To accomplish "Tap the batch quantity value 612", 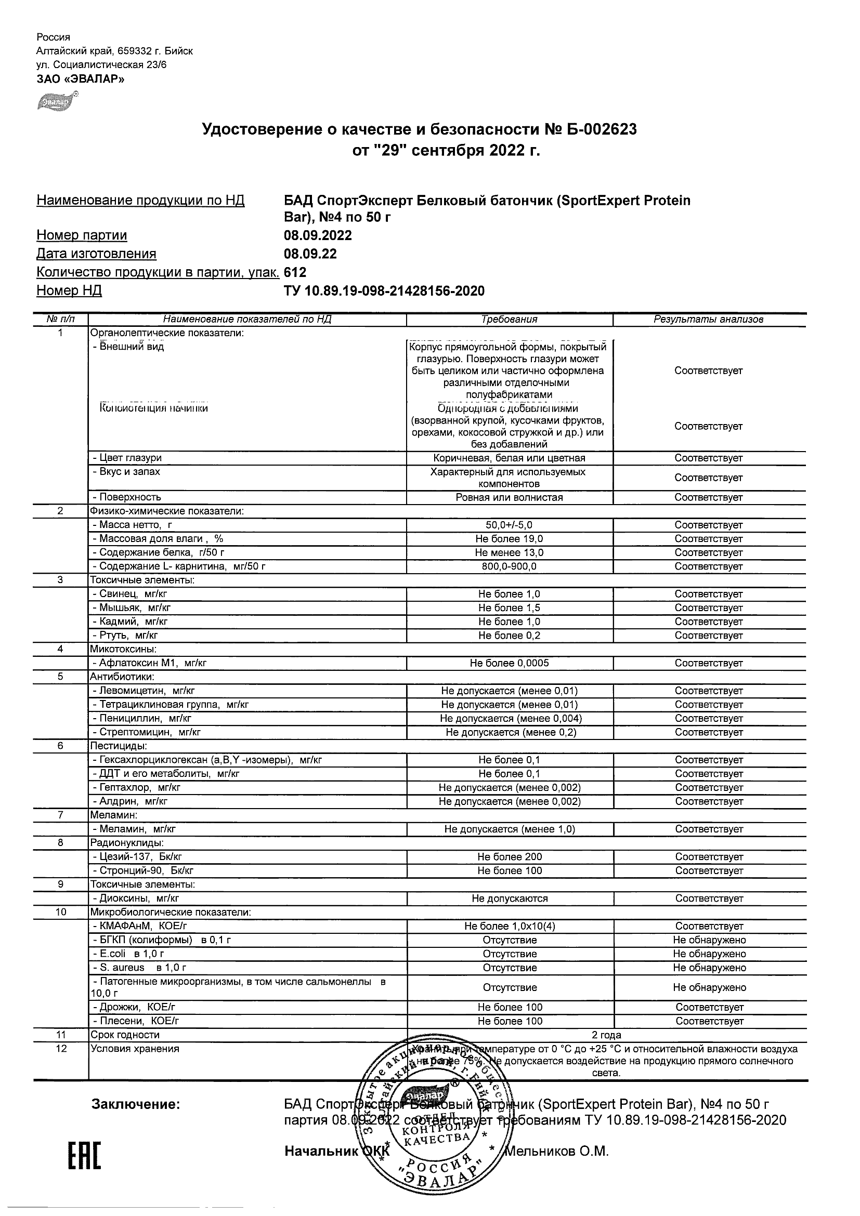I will [295, 272].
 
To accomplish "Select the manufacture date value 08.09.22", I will [310, 254].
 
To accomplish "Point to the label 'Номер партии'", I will [82, 235].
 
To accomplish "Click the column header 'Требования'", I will [509, 320].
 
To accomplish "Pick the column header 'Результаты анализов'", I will [709, 320].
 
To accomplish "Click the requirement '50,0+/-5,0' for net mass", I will [509, 525].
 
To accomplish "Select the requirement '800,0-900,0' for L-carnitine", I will [509, 566].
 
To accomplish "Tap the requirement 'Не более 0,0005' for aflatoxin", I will [509, 663].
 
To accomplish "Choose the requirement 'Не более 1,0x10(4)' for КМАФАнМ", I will [509, 926].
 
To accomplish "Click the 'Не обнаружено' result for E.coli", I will [709, 953].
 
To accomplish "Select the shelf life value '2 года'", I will [606, 1035].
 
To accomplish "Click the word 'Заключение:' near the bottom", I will [136, 1104].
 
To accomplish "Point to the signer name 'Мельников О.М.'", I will [557, 1151].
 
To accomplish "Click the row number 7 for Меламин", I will [60, 815].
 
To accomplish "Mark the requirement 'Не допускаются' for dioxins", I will [509, 898].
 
